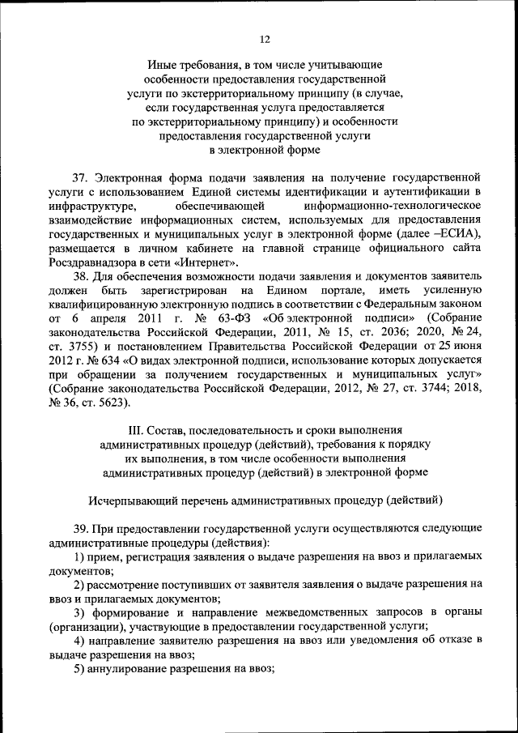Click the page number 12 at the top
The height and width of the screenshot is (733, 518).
coord(264,39)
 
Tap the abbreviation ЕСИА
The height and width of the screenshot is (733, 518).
coord(459,234)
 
